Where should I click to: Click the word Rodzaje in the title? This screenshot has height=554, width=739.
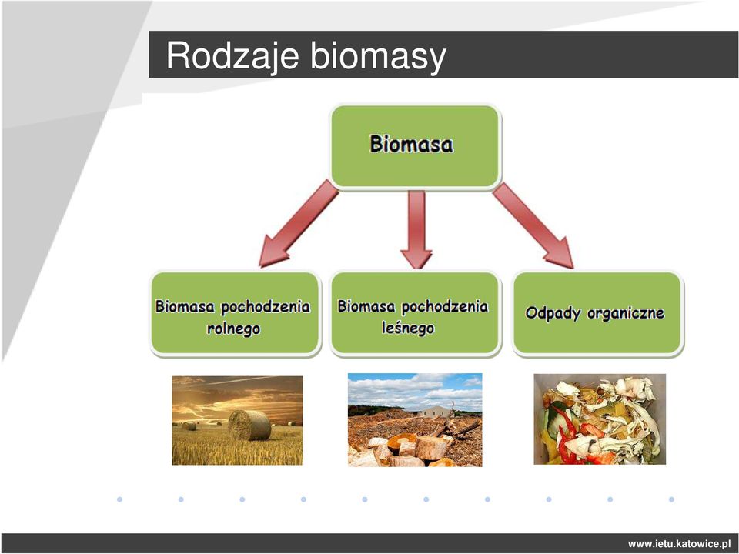pos(232,55)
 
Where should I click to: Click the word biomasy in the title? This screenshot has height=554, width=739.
pos(378,55)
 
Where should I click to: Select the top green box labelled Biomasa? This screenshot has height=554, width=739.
pos(415,146)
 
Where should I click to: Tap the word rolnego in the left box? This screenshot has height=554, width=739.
pos(233,329)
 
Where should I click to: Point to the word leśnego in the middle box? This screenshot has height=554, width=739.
pos(408,328)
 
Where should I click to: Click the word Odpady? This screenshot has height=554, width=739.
pos(553,313)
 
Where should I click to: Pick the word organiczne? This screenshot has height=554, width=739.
pos(625,313)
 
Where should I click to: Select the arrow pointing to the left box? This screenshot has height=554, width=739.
pos(297,224)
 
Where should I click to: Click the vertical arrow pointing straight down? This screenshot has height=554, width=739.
pos(416,229)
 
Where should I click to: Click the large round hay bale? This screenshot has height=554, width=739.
pos(249,425)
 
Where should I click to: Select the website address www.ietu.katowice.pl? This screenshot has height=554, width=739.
pos(679,544)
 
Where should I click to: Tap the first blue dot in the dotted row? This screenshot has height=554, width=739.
pos(120,499)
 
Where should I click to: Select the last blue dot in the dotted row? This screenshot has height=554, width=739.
pos(671,499)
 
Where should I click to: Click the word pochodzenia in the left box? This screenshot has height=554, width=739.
pos(266,307)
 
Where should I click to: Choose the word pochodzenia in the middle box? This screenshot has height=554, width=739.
pos(444,307)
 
